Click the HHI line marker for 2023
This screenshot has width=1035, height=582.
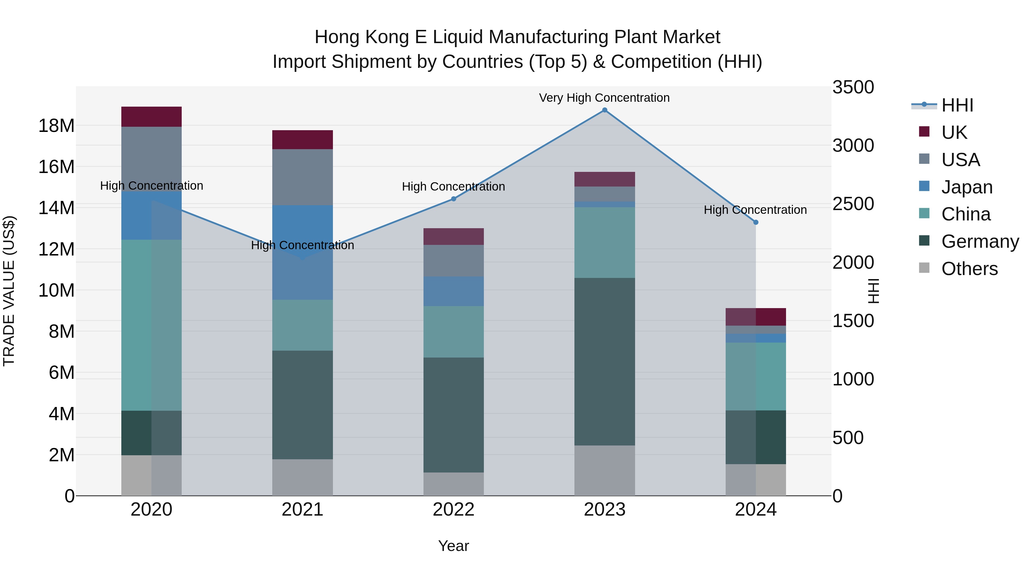[604, 110]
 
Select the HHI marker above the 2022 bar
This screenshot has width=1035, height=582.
[454, 199]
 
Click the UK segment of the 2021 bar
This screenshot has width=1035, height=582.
[302, 140]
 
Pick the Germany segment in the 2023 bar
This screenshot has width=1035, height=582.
[604, 362]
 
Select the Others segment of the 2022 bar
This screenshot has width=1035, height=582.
[454, 484]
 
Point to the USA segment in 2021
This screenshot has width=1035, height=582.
[302, 177]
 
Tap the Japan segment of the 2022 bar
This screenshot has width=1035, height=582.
[454, 291]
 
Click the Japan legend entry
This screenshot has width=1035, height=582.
[967, 187]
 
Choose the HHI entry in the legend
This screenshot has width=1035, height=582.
[957, 105]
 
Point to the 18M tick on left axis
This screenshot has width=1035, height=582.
[56, 126]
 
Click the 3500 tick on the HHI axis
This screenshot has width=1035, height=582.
[853, 87]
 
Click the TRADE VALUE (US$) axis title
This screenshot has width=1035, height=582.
[9, 291]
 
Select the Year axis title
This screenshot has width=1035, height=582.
[454, 546]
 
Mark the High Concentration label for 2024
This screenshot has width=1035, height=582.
[755, 210]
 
